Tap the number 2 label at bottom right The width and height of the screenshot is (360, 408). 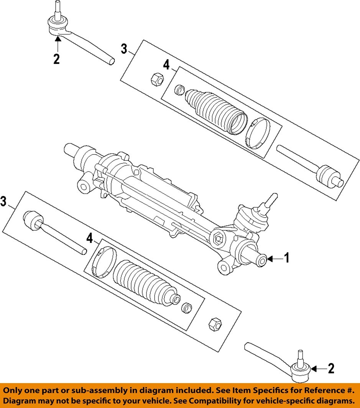330,369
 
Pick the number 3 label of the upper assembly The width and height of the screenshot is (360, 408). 124,49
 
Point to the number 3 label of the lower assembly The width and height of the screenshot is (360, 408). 3,202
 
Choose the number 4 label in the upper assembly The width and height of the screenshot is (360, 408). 166,66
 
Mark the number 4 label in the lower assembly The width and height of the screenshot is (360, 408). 89,239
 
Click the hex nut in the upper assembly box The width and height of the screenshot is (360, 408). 156,79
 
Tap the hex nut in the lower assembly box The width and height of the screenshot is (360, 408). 215,324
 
